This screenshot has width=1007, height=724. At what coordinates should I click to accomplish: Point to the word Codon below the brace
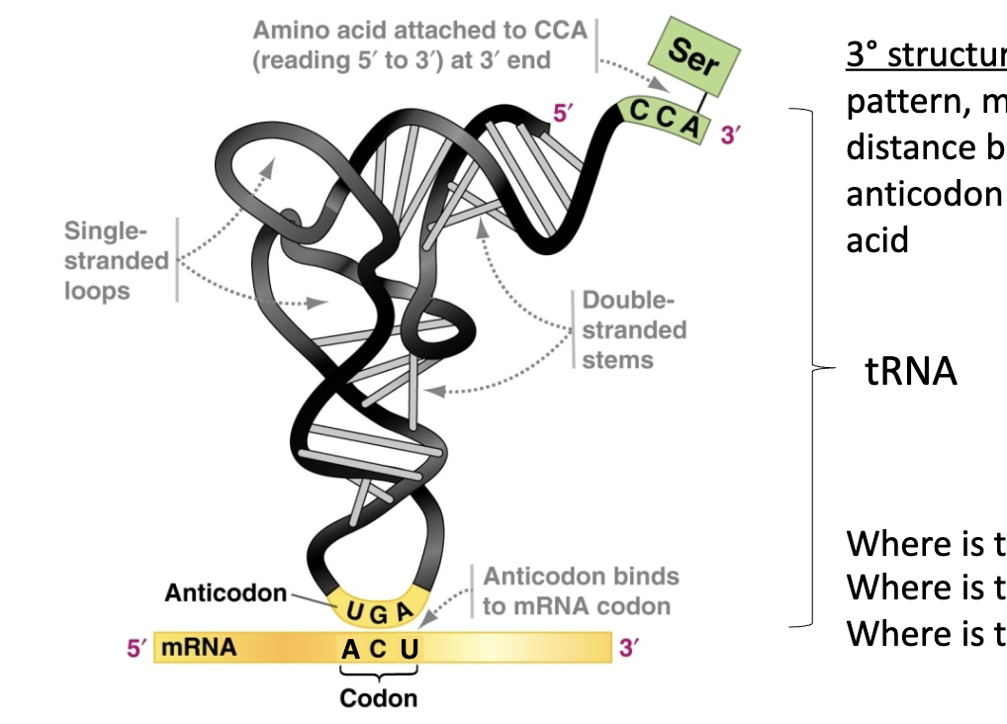(x=378, y=698)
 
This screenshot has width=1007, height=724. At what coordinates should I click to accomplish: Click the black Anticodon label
(x=226, y=593)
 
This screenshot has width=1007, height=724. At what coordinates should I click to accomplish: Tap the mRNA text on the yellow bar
(x=199, y=649)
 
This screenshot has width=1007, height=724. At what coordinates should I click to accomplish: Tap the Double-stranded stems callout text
(x=620, y=329)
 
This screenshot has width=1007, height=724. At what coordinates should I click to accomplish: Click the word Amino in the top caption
(x=285, y=31)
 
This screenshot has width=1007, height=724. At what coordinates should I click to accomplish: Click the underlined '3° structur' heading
(x=925, y=55)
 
